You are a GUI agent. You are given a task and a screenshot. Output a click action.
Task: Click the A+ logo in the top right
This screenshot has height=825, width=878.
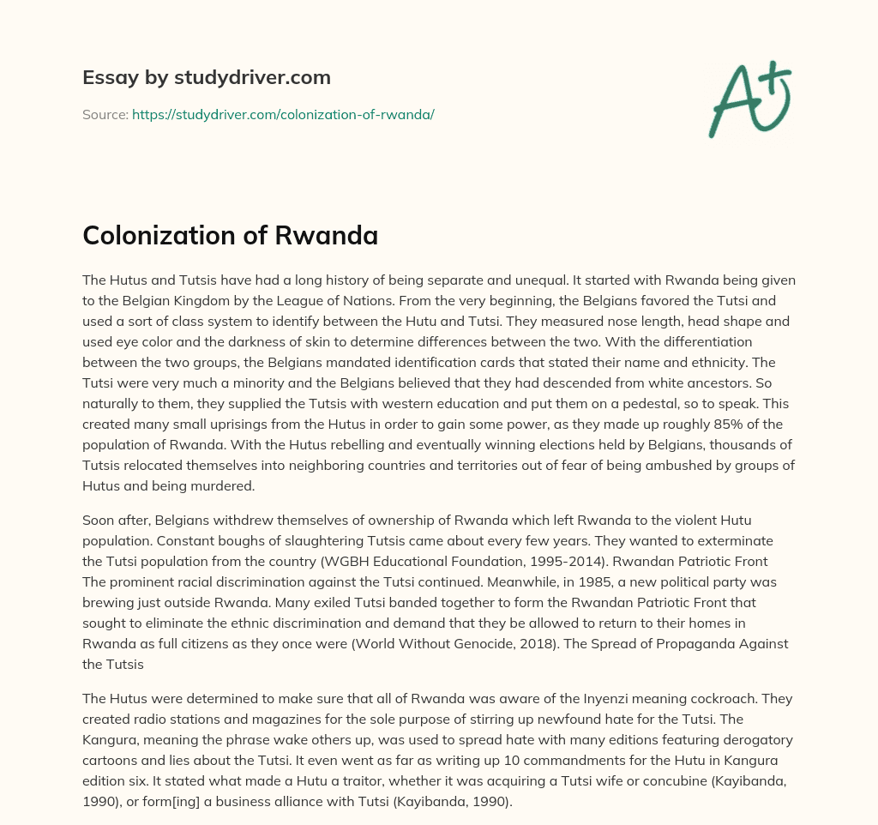[x=749, y=100]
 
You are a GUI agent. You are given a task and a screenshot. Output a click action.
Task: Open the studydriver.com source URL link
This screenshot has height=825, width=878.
[x=283, y=114]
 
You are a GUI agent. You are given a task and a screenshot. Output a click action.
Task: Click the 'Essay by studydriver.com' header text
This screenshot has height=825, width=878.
[x=206, y=78]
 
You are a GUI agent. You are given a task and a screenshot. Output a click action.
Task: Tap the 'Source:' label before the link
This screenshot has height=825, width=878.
[x=105, y=114]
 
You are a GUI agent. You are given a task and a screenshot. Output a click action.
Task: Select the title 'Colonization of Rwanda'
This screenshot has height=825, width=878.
[x=230, y=236]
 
